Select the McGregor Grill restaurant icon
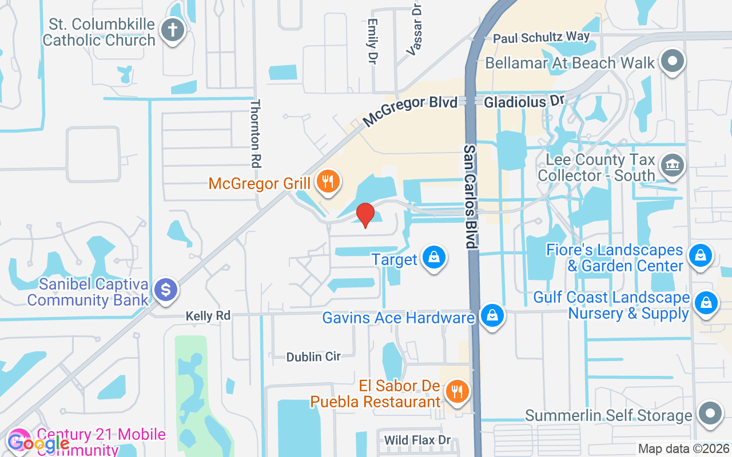click(328, 182)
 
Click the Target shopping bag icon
click(435, 258)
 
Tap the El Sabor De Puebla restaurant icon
click(457, 392)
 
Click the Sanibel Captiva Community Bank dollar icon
click(166, 290)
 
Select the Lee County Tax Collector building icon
click(673, 166)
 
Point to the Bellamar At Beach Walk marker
click(673, 61)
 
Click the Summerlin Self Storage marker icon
click(710, 414)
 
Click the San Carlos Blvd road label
click(470, 196)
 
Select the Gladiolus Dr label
click(524, 101)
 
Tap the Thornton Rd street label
click(256, 133)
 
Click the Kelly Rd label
click(208, 316)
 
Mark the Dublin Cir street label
click(313, 356)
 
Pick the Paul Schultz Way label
click(541, 38)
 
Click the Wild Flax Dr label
click(417, 440)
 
